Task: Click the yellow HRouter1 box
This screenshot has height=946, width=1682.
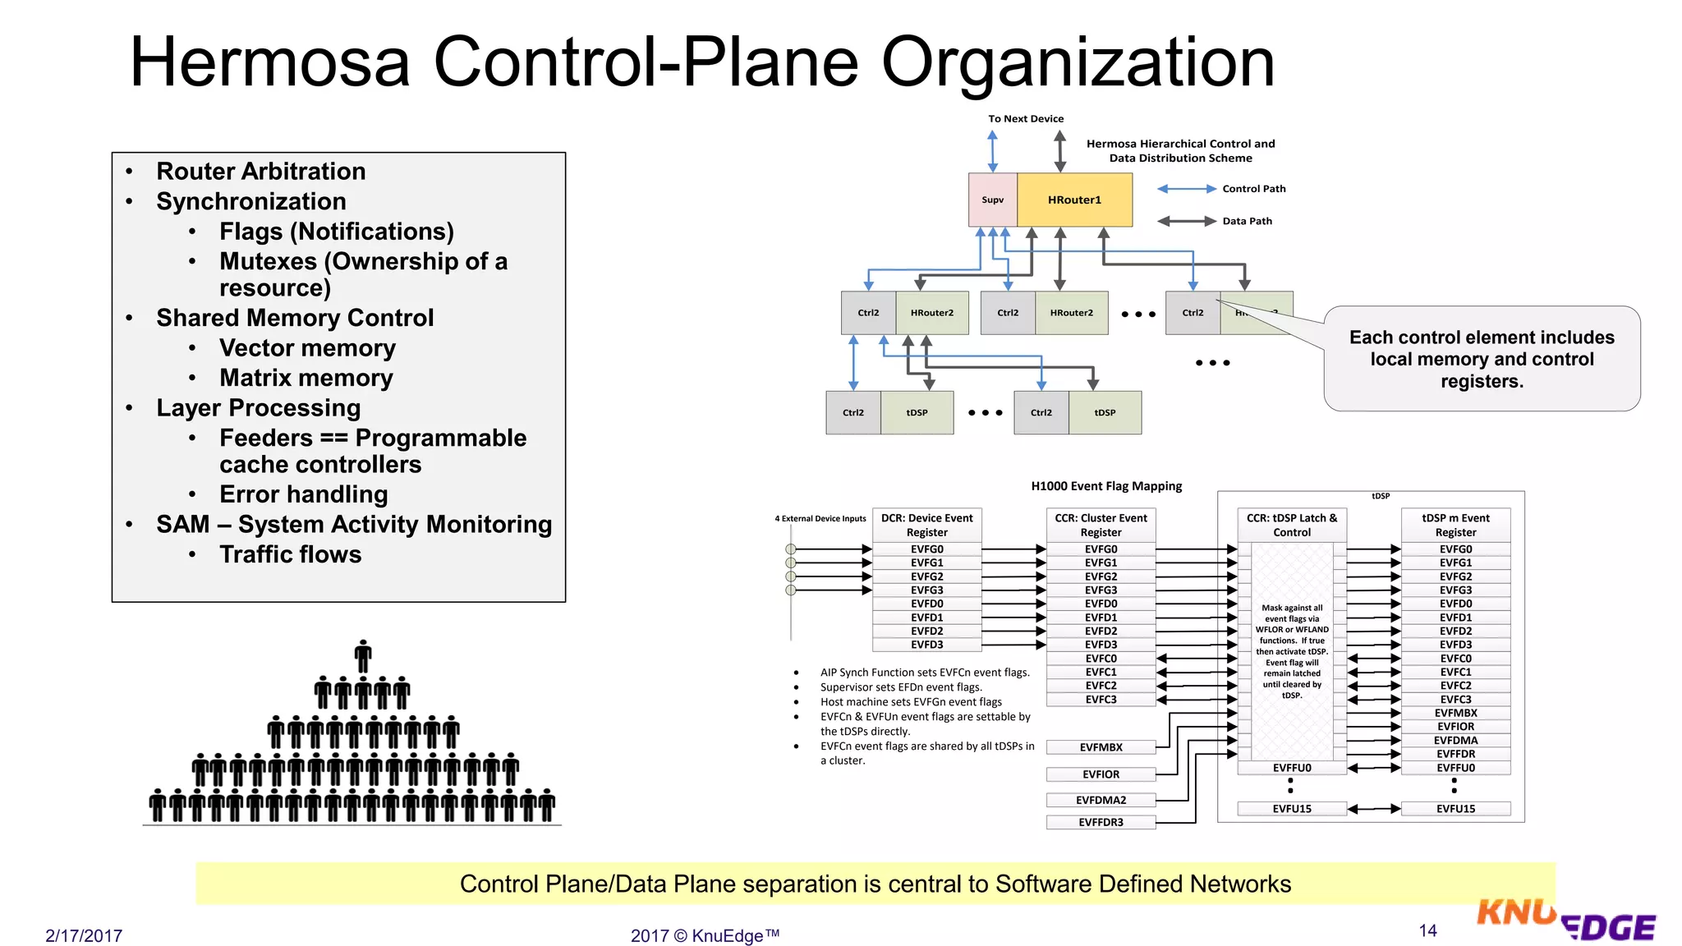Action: point(1074,200)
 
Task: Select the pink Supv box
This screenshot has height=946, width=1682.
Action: point(992,200)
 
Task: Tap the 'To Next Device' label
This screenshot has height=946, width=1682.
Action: point(1025,119)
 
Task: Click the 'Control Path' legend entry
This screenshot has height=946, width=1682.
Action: point(1253,189)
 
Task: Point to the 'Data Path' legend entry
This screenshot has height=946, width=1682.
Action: point(1247,221)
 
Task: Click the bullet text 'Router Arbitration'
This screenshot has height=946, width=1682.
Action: point(260,171)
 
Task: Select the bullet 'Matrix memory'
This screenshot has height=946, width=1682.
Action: point(306,378)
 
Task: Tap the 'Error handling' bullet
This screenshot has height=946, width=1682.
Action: point(303,494)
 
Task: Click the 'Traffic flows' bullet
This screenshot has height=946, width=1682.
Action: point(290,554)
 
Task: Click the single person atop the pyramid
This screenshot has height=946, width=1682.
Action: point(363,656)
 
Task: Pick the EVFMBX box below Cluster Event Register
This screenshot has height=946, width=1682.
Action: point(1101,747)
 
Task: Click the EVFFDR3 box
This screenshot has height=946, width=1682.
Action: point(1101,822)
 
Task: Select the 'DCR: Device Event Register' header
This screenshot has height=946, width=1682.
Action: point(926,525)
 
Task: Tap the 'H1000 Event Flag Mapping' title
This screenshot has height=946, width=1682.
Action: point(1106,486)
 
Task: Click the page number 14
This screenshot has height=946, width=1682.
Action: point(1427,930)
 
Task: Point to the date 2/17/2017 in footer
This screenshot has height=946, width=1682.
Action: point(84,935)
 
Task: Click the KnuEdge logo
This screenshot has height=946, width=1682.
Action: point(1565,921)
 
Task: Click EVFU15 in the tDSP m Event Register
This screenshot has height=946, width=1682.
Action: point(1455,809)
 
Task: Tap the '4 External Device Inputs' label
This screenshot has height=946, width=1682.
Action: point(820,519)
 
